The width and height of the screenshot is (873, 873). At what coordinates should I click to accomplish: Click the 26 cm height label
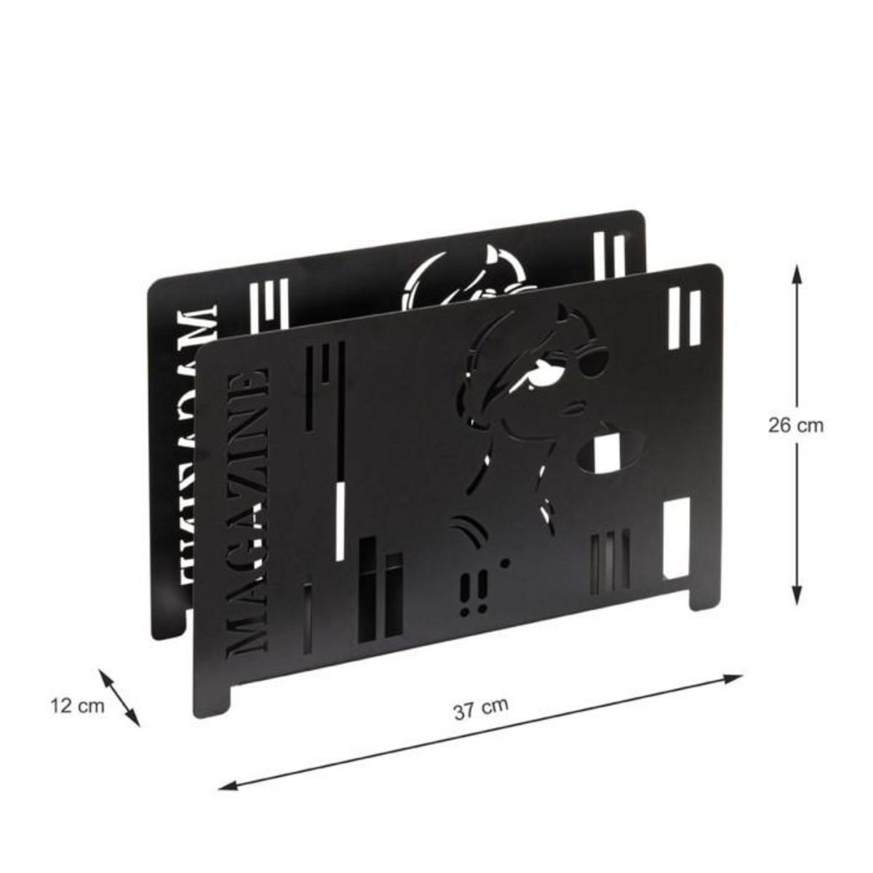point(796,426)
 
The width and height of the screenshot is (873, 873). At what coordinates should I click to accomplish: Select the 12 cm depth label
point(78,705)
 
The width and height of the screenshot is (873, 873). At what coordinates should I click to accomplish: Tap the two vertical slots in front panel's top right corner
point(683,317)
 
